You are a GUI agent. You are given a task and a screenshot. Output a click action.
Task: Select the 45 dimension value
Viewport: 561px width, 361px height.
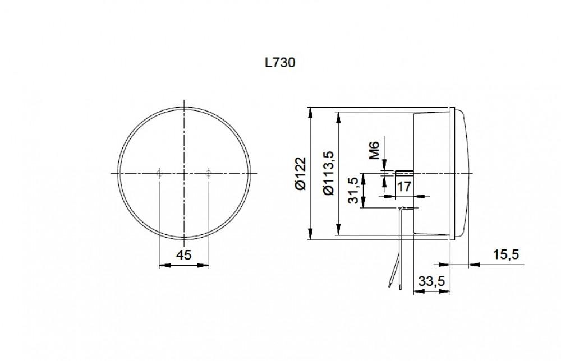[184, 255]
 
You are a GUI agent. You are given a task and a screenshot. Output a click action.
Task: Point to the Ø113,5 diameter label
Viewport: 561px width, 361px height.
[329, 173]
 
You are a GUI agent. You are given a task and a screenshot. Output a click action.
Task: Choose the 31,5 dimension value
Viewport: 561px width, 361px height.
[354, 192]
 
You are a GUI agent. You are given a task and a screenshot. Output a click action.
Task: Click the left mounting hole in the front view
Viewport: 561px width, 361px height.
[159, 174]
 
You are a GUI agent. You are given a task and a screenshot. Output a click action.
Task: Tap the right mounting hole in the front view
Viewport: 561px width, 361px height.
[209, 174]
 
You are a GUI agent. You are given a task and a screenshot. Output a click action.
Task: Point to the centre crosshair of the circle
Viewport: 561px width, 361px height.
[184, 174]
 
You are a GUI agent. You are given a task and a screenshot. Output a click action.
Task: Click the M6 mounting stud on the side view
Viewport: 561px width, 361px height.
[404, 173]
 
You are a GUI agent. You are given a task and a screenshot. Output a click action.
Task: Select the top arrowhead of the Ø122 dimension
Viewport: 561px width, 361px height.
[310, 112]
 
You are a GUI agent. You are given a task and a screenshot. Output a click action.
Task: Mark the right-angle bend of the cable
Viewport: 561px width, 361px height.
[401, 209]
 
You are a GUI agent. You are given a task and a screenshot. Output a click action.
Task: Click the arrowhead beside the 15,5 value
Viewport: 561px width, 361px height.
[472, 263]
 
